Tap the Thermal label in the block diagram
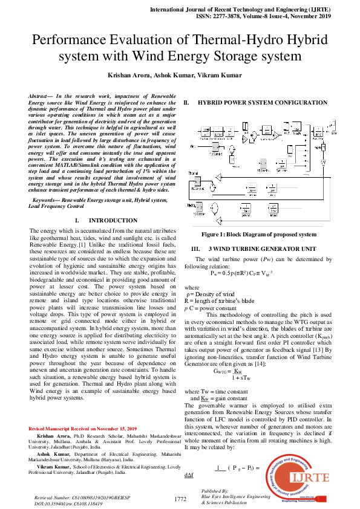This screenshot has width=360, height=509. [194, 173]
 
